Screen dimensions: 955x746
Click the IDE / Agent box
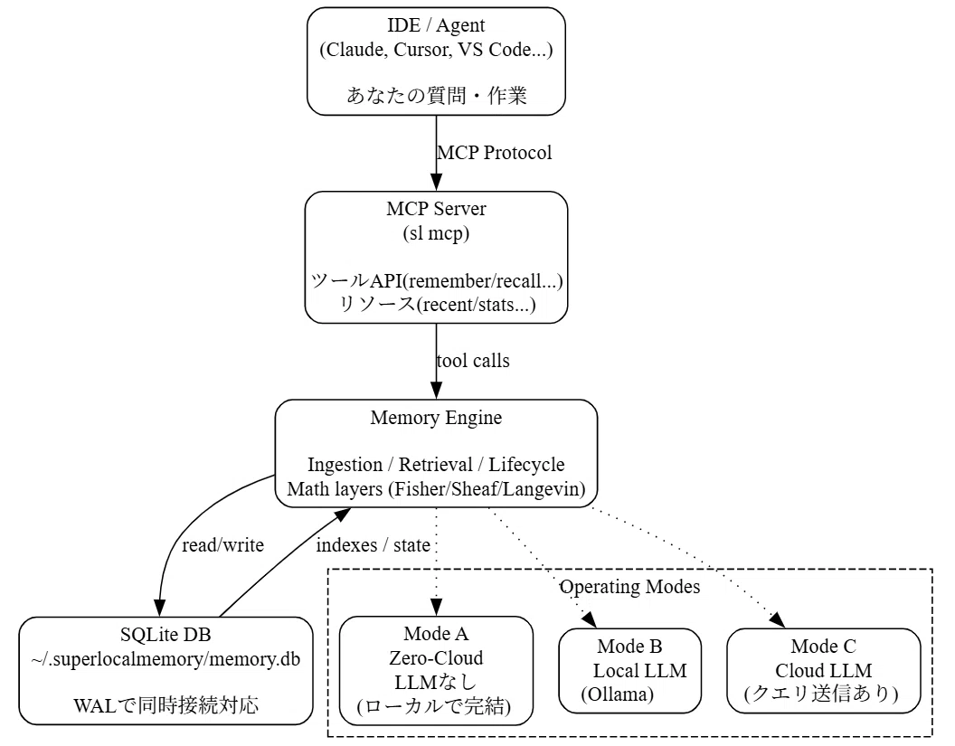(x=436, y=61)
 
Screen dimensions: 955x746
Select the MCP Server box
(x=436, y=257)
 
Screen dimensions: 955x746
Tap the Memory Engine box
(x=436, y=453)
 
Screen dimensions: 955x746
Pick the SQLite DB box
(x=165, y=670)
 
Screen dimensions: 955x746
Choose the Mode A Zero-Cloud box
(x=436, y=670)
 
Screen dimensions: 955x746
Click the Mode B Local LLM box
(x=629, y=670)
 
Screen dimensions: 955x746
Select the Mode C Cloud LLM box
(x=824, y=670)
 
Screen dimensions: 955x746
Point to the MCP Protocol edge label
(x=495, y=152)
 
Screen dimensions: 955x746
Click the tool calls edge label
(x=473, y=361)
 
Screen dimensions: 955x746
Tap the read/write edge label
(x=222, y=545)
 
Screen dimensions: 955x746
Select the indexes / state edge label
(x=373, y=545)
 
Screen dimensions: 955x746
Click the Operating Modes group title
(x=629, y=587)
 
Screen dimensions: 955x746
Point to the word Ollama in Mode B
(x=617, y=694)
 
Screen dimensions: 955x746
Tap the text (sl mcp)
(x=436, y=233)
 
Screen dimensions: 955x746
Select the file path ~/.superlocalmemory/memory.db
(x=165, y=659)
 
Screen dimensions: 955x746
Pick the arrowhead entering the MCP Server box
(x=436, y=182)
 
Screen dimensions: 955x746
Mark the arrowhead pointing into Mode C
(x=777, y=620)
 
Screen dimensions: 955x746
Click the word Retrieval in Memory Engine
(x=436, y=465)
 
